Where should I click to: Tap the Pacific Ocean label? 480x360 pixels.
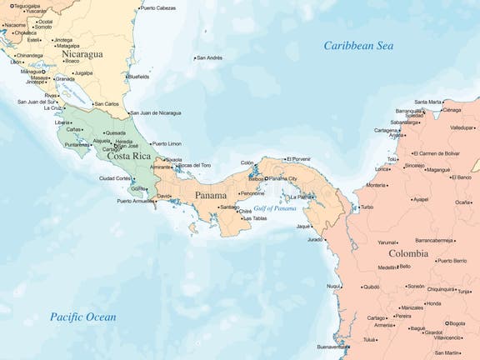point(82,317)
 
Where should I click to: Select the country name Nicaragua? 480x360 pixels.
point(82,55)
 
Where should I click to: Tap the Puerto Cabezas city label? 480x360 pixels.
point(158,8)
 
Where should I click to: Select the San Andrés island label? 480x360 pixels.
point(209,57)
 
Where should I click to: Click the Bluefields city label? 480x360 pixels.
point(139,76)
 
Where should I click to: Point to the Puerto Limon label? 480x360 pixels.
point(166,143)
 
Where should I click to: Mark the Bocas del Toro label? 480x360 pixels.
point(194,165)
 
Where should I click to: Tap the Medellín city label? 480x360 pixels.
point(387,267)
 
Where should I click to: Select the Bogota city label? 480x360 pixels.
point(457,323)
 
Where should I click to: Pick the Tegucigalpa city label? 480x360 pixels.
point(22,5)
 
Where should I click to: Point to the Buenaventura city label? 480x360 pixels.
point(333,347)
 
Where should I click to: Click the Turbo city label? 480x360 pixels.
point(367,207)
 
